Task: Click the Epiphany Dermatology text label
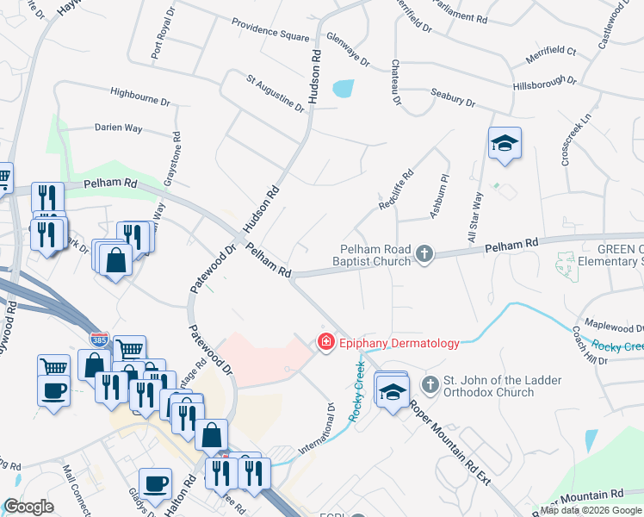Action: (x=399, y=343)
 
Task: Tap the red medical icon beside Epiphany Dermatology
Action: (x=326, y=342)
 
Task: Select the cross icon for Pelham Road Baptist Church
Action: (x=424, y=253)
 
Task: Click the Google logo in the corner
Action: (x=28, y=506)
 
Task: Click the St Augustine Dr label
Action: (x=276, y=94)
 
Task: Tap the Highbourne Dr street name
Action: (x=139, y=95)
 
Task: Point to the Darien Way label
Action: (x=118, y=128)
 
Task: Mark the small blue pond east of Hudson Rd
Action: (x=343, y=88)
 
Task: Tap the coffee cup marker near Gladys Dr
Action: (x=155, y=484)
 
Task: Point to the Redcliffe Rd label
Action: (x=397, y=189)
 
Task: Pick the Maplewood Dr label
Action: (x=615, y=327)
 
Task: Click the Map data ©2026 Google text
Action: (x=591, y=510)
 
